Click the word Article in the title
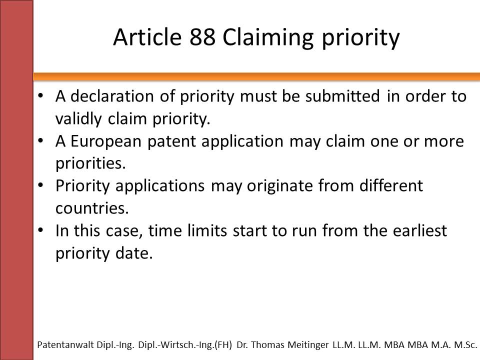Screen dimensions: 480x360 [x=147, y=37]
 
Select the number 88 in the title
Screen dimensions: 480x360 [x=202, y=37]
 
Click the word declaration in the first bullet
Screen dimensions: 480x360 [x=112, y=96]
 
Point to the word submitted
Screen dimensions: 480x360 [x=342, y=96]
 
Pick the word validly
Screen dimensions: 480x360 [x=78, y=119]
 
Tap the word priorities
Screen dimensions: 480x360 [x=90, y=163]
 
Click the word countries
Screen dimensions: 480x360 [x=92, y=208]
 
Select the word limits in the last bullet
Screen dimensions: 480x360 [x=207, y=230]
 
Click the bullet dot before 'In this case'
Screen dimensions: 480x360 [x=40, y=230]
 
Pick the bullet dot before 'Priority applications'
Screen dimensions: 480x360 [x=40, y=185]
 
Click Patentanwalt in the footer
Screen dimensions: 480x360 [x=65, y=344]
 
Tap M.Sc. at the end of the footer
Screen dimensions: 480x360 [x=465, y=344]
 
